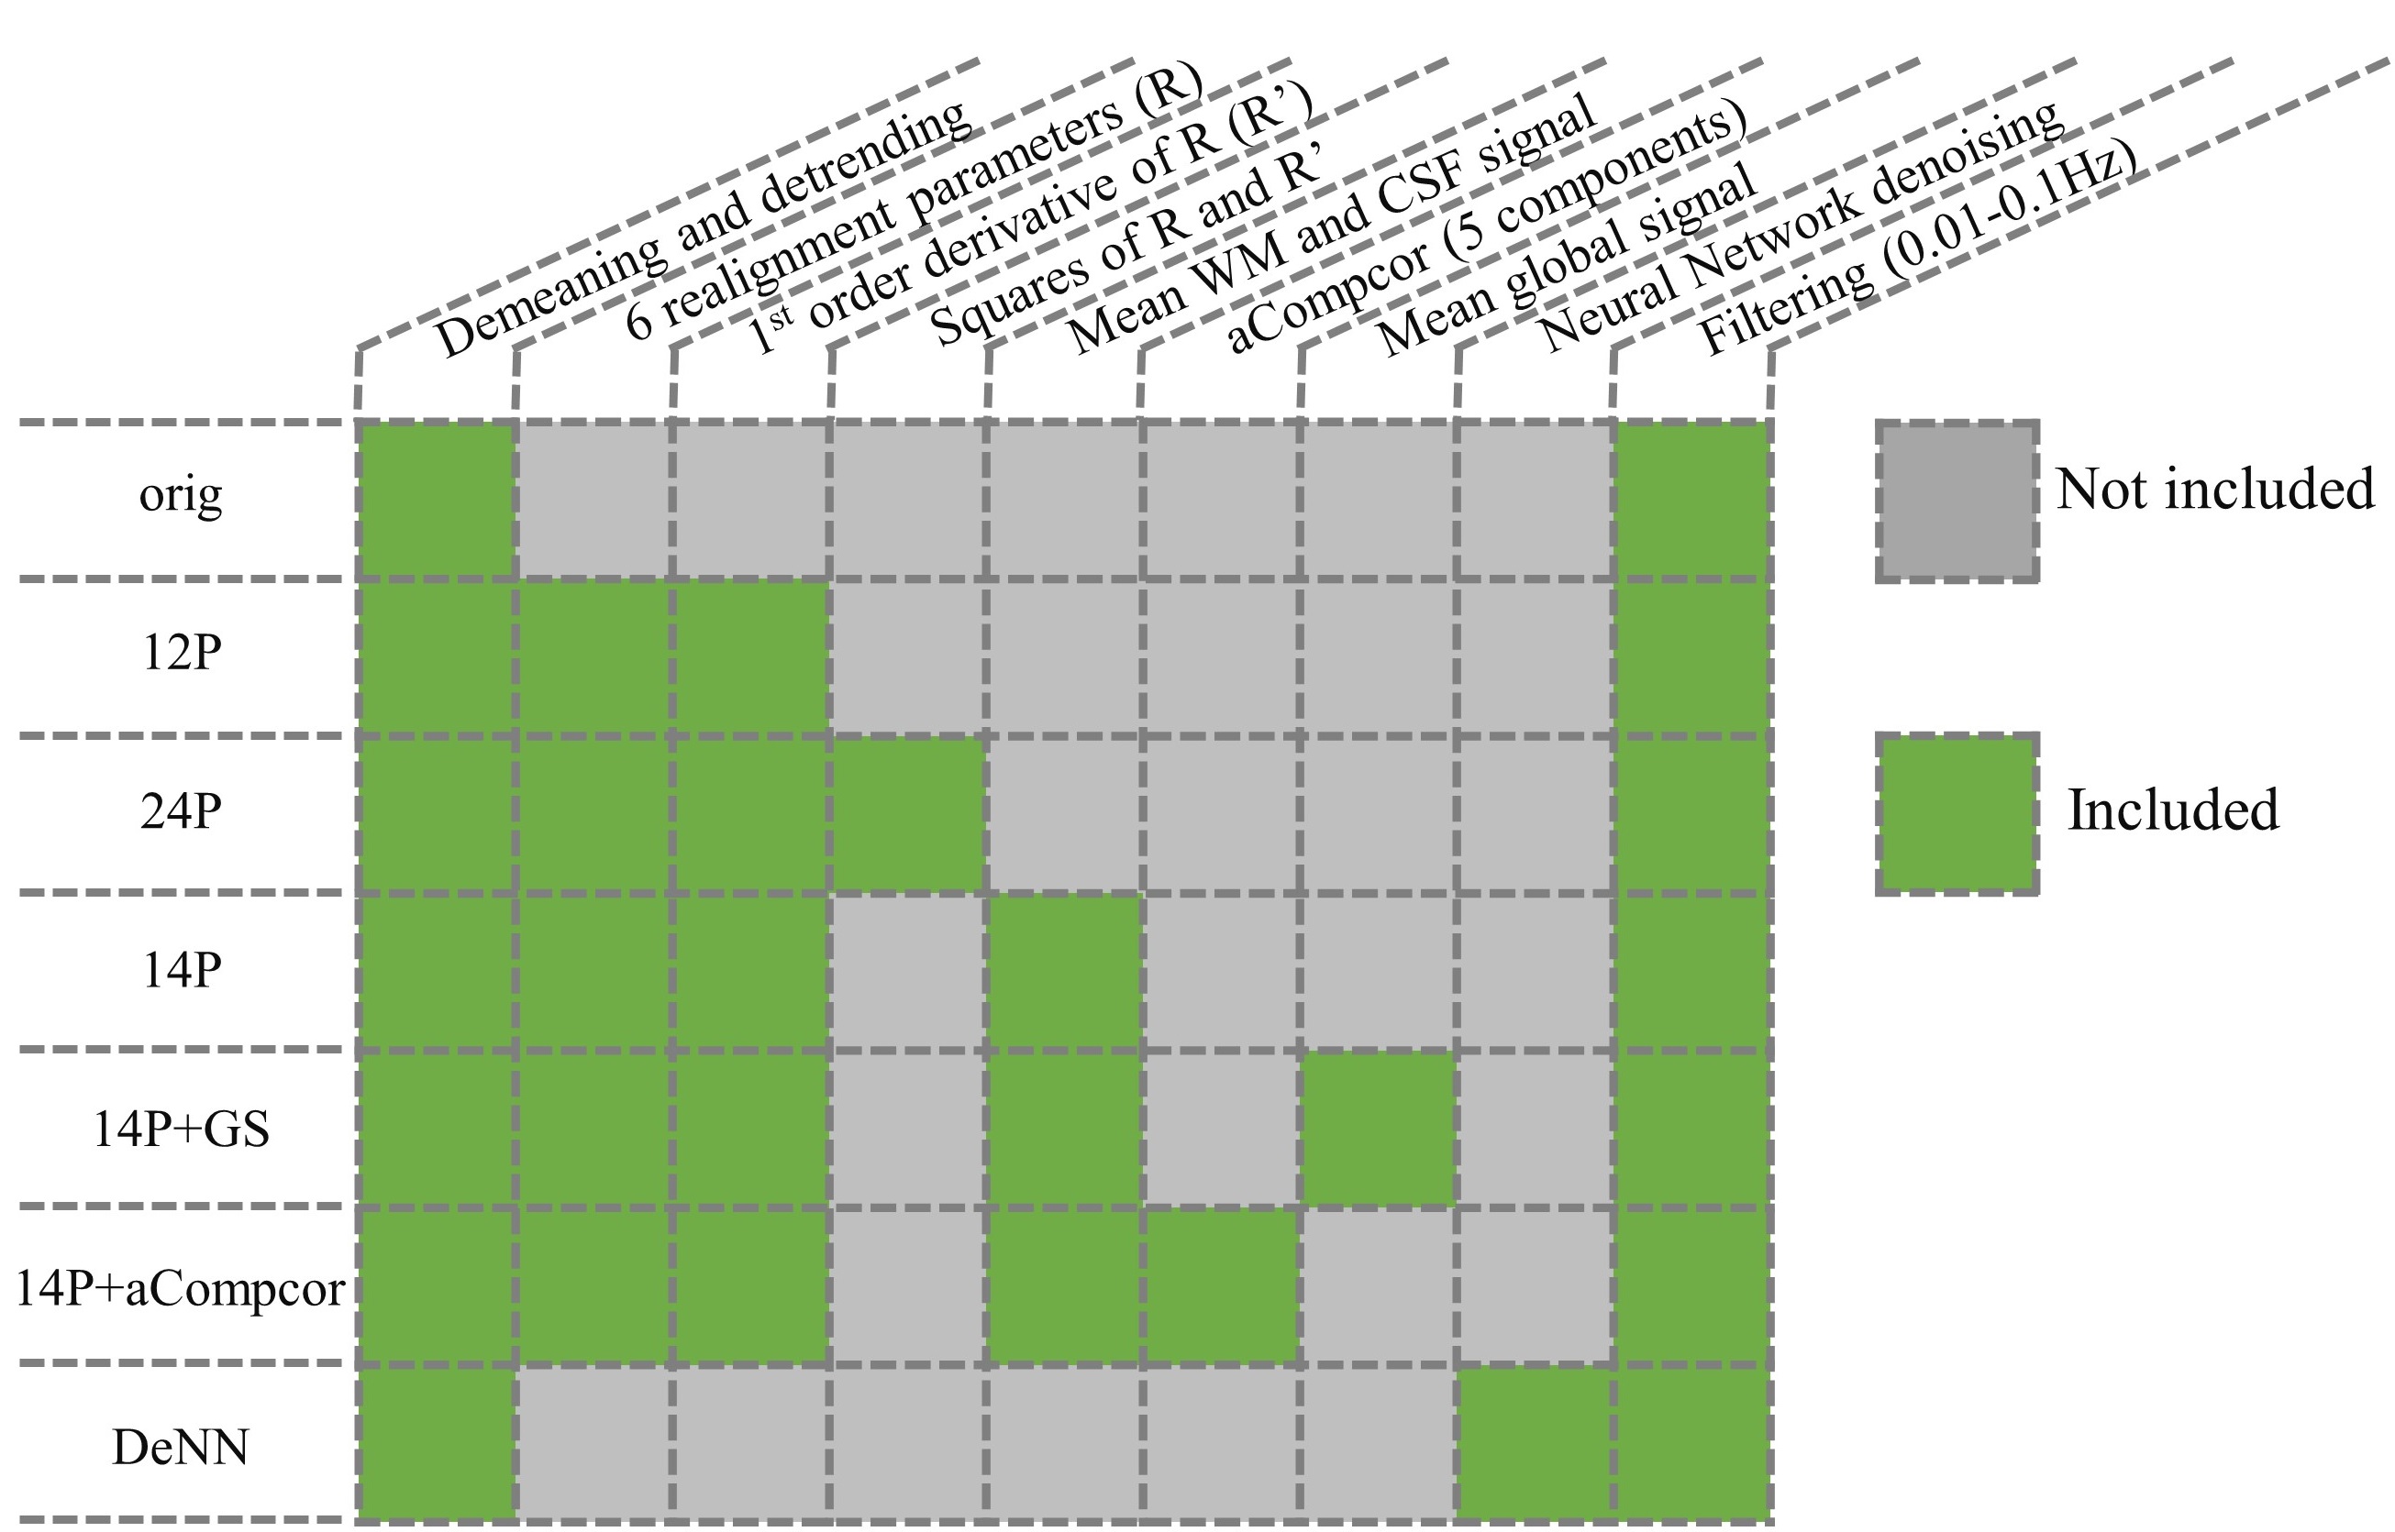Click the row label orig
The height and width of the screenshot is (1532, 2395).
[180, 495]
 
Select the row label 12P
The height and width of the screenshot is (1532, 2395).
[180, 654]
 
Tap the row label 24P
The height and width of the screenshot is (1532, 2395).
[180, 811]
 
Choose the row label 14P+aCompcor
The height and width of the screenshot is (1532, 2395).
[180, 1289]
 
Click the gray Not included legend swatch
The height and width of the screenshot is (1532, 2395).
[1957, 501]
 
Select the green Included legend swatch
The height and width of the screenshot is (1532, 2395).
[1957, 815]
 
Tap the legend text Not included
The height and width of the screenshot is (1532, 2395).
[2215, 490]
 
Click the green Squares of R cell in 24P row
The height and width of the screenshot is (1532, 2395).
[908, 815]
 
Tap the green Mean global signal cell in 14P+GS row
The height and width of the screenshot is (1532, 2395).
[1378, 1128]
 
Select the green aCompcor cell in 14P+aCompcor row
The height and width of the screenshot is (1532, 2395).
[1220, 1285]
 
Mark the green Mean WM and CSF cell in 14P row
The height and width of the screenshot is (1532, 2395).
[1064, 971]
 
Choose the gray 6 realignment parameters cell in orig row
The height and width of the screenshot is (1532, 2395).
[594, 501]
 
